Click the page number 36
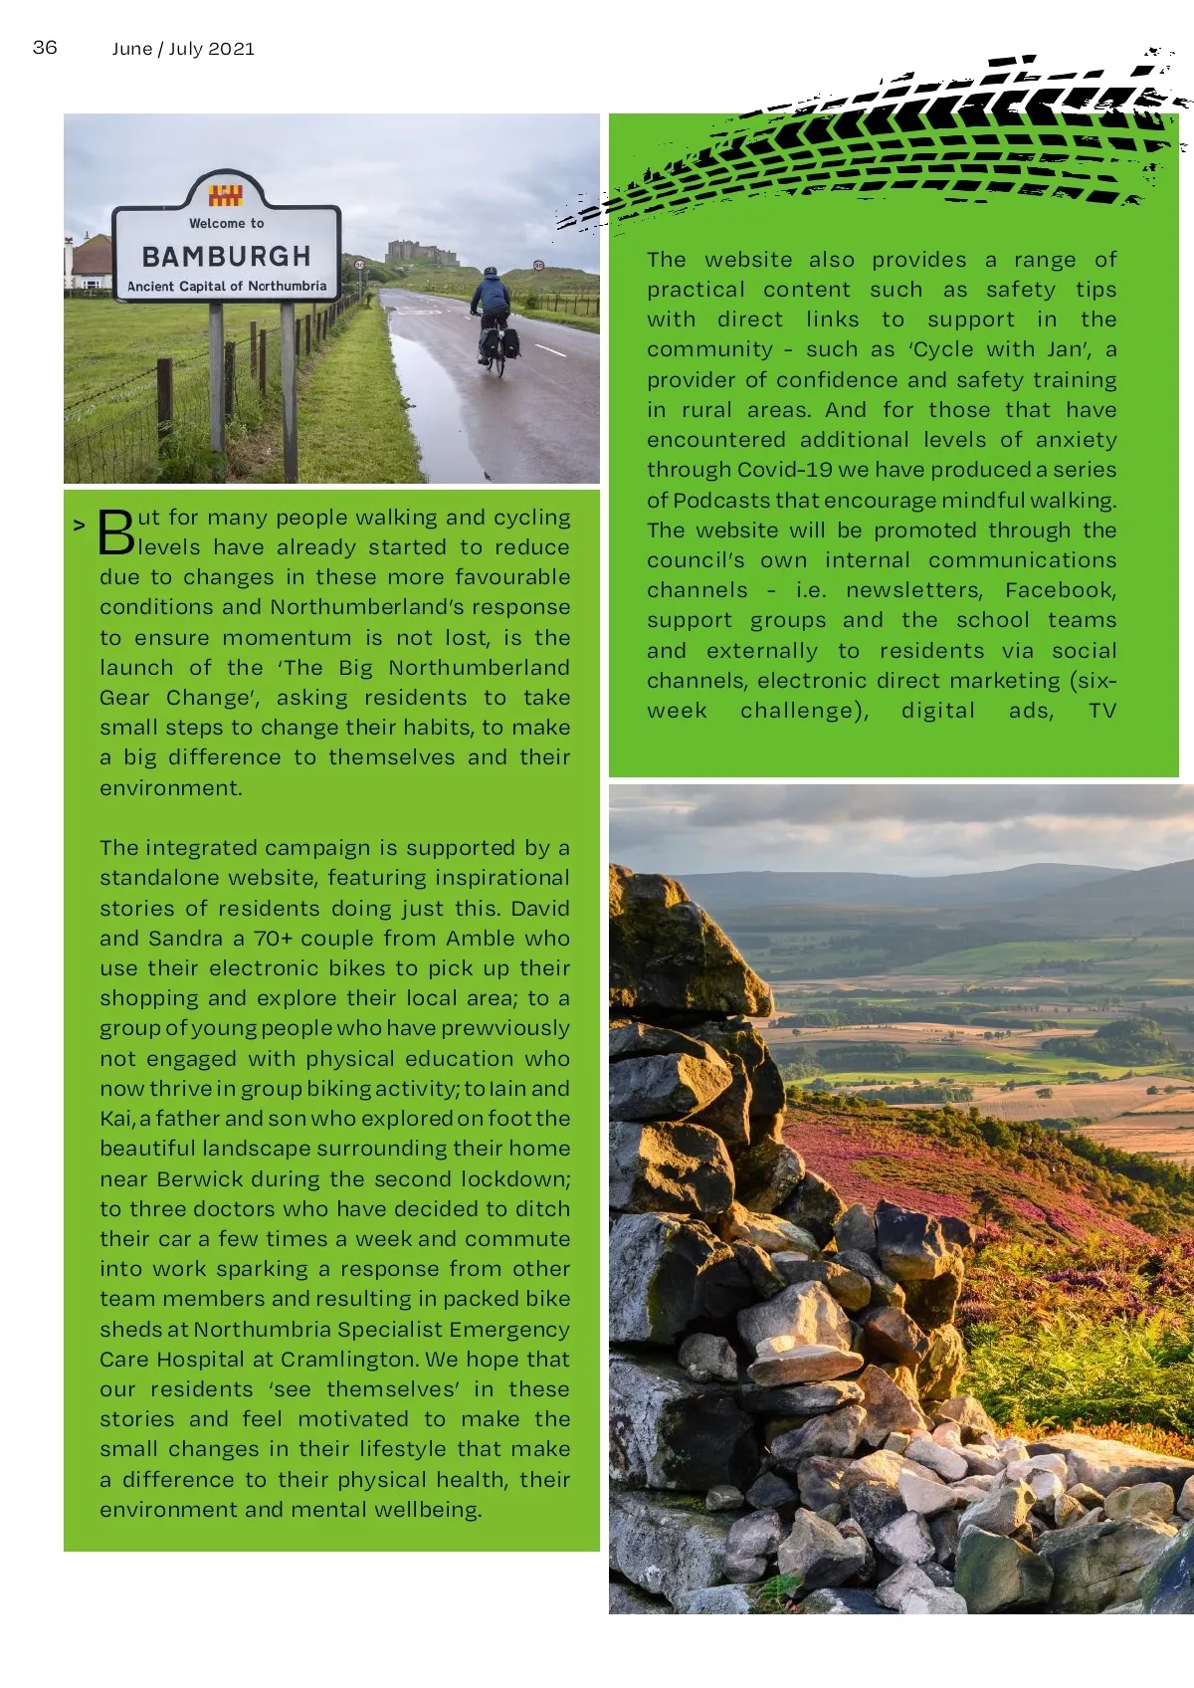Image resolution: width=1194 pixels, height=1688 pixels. (45, 47)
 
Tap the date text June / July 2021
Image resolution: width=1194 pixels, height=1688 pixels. (183, 49)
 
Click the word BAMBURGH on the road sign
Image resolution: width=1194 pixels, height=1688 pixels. (226, 256)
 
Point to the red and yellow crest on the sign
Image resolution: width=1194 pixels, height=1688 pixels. (226, 194)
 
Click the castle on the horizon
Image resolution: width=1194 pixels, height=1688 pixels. (421, 252)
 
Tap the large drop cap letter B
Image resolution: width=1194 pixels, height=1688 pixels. (116, 532)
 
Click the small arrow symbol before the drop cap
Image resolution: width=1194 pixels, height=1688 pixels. (79, 525)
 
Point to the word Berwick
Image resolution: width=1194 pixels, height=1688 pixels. (199, 1179)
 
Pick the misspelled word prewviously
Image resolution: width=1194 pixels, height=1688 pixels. (505, 1028)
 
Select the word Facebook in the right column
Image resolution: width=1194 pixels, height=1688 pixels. (1060, 590)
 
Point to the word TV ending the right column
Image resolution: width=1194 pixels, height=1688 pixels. (1101, 711)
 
